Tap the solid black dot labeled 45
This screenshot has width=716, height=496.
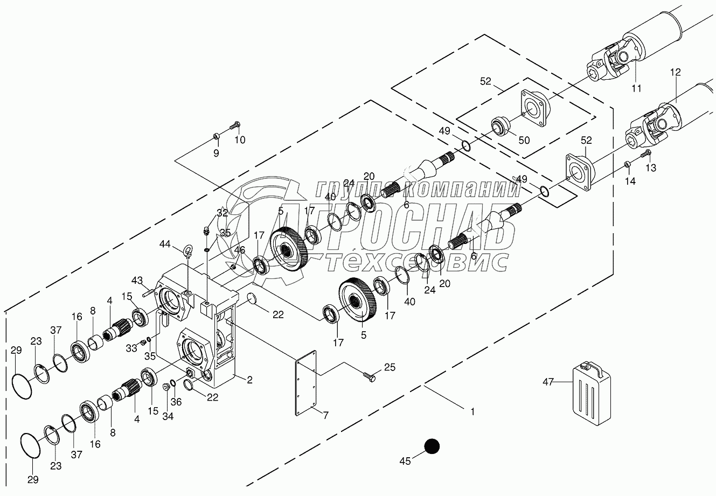coord(432,446)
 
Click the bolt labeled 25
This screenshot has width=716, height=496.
coord(371,377)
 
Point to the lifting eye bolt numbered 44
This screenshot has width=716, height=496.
coord(189,251)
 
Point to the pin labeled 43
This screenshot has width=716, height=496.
coord(149,292)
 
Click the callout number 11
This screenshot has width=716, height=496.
coord(636,88)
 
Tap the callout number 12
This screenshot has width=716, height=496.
coord(676,72)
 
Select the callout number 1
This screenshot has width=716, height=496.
coord(472,412)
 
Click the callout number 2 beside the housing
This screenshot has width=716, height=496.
coord(249,380)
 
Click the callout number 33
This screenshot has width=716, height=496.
coord(132,348)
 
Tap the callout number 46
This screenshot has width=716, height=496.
coord(239,250)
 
